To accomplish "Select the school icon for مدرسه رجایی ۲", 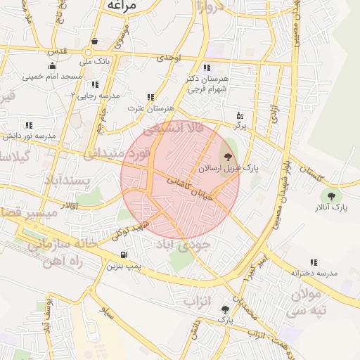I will [95, 84].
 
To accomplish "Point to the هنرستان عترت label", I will [150, 108].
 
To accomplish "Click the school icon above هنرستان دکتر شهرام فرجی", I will [207, 68].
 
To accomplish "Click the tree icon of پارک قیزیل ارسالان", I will [227, 157].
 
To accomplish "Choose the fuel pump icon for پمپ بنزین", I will [124, 255].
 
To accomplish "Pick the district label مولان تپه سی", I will [307, 301].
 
